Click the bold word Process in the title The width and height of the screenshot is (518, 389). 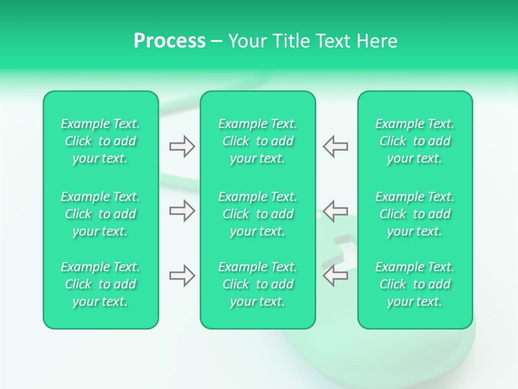point(169,41)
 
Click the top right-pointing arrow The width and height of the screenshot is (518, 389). point(182,146)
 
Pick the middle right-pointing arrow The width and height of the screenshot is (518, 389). point(182,211)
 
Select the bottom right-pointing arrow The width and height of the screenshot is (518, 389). point(182,276)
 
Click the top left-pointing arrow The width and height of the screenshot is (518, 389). point(336,146)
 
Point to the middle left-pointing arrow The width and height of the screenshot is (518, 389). point(336,211)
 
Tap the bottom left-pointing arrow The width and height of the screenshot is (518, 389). point(336,276)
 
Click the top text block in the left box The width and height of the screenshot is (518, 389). point(100,141)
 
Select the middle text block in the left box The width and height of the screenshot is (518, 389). point(100,214)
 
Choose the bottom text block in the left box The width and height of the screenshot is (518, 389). point(100,284)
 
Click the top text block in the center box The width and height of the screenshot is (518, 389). point(258,141)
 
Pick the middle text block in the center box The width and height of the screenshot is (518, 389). point(258,214)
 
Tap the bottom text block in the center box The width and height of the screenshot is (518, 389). point(258,284)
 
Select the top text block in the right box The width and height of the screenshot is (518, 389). point(415,141)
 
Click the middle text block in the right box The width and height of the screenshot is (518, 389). point(415,214)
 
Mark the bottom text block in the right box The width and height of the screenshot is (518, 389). point(415,284)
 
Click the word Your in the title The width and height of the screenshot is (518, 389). point(247,41)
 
